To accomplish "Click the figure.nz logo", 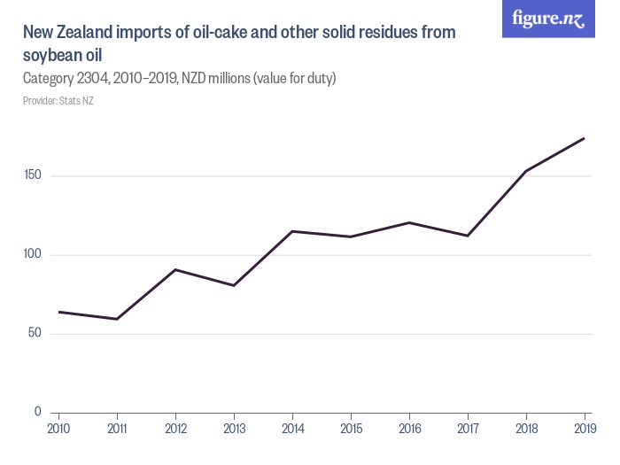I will [x=548, y=19].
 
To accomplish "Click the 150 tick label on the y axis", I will [x=34, y=176].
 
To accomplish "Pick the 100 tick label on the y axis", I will [x=34, y=255].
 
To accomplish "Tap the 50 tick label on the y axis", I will [x=36, y=334].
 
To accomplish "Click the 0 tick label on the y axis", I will [x=39, y=412].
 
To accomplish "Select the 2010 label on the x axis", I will [x=58, y=429].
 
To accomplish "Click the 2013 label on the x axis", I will [x=234, y=429].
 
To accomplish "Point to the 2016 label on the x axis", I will [x=409, y=429].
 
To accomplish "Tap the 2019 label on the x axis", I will [x=585, y=429].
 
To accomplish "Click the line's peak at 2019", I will [x=585, y=138].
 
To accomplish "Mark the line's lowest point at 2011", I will [x=117, y=319].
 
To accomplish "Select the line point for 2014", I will [x=292, y=231].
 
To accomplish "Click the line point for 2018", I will [x=526, y=171].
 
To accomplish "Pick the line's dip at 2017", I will [x=468, y=236].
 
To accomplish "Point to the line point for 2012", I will [x=175, y=269].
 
